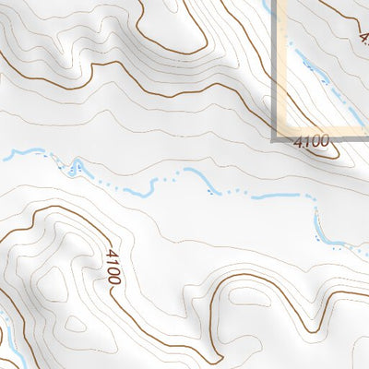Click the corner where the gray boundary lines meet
276,137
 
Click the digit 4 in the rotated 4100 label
110,254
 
